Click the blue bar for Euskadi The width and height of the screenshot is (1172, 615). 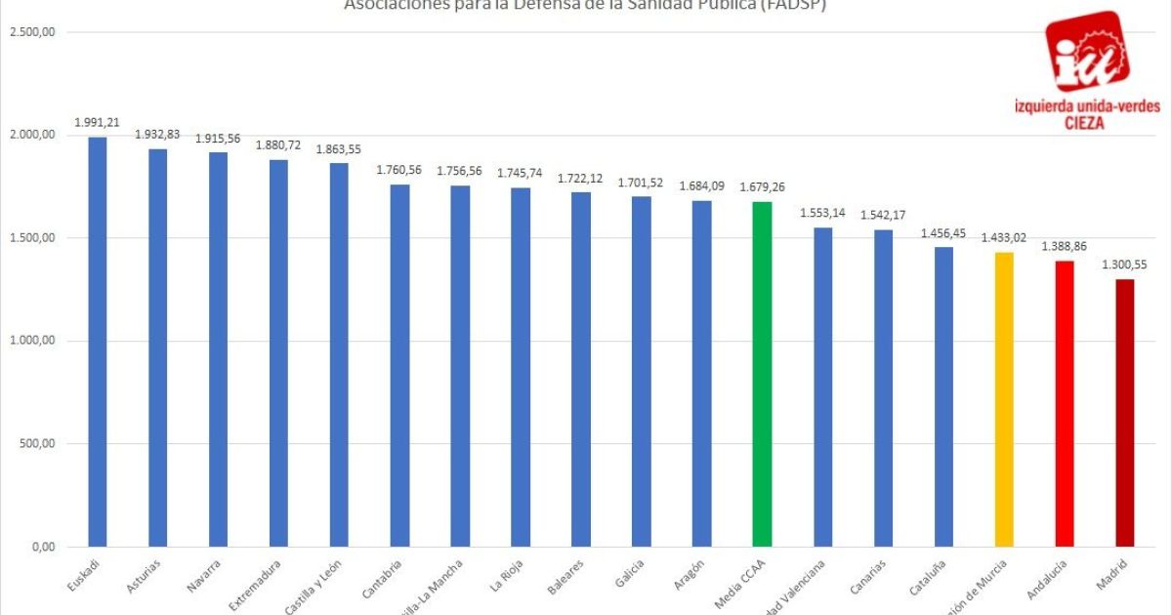click(x=98, y=342)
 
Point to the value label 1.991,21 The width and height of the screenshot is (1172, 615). click(x=98, y=122)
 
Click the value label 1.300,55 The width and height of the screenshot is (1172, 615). click(x=1125, y=265)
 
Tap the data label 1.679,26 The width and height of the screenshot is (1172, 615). click(x=762, y=186)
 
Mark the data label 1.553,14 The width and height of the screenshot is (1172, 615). click(x=822, y=213)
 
